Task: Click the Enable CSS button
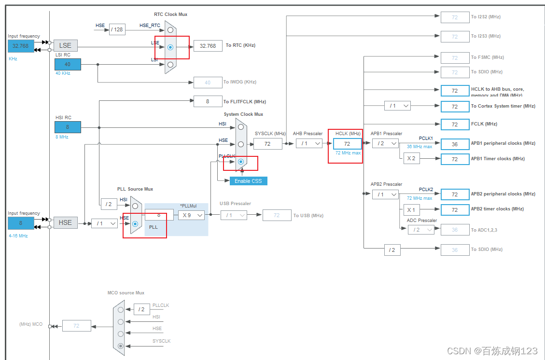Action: [x=248, y=181]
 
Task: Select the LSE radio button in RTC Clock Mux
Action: [x=170, y=47]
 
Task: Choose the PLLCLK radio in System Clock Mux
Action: [x=240, y=162]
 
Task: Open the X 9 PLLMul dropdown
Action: [x=192, y=215]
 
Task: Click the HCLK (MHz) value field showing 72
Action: [x=347, y=143]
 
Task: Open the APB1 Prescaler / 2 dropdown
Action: [x=385, y=143]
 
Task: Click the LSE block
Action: [x=65, y=45]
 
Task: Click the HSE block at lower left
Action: [x=65, y=222]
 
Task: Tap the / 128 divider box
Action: [x=117, y=29]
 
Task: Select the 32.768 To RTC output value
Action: [x=208, y=46]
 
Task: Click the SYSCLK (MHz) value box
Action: [x=267, y=143]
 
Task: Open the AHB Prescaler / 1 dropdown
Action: [x=309, y=143]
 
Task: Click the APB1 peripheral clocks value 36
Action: [x=455, y=144]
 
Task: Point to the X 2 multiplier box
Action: [x=411, y=158]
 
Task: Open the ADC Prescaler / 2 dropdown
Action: [x=420, y=230]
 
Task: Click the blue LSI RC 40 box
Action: [x=68, y=64]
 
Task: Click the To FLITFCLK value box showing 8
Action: [x=208, y=101]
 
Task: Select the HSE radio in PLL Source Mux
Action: [x=135, y=224]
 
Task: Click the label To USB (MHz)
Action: [x=308, y=215]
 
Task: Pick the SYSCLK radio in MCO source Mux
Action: [x=121, y=346]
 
